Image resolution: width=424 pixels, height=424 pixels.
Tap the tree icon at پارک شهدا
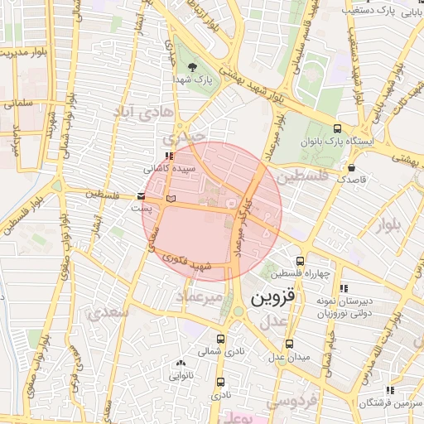click(193, 68)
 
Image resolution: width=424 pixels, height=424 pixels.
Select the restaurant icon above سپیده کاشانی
click(170, 155)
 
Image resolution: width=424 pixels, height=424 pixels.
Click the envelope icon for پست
click(142, 197)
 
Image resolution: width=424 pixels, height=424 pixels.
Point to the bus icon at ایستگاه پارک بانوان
click(337, 128)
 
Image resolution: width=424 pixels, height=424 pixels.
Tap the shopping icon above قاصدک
click(352, 166)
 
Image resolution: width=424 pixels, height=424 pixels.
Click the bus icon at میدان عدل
click(288, 344)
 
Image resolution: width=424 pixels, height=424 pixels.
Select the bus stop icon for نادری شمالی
click(219, 339)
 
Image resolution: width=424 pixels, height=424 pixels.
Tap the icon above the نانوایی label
click(181, 362)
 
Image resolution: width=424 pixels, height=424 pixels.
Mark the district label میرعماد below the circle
click(203, 296)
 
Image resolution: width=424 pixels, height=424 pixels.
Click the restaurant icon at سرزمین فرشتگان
click(389, 391)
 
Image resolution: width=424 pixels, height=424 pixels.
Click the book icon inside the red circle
click(171, 199)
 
